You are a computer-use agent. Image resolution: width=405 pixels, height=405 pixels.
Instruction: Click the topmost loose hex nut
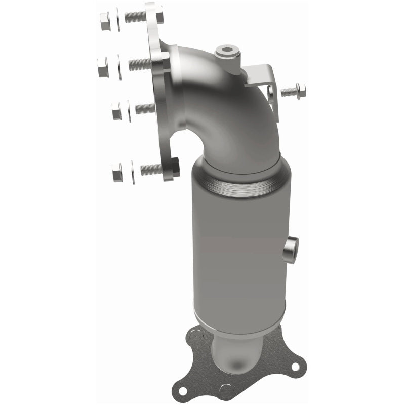105,21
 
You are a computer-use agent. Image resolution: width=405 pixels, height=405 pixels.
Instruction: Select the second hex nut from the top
103,66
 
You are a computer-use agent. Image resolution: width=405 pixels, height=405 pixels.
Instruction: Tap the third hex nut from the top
116,111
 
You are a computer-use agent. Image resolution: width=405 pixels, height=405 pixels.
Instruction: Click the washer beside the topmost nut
117,20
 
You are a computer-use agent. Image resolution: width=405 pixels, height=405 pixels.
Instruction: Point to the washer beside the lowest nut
132,172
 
